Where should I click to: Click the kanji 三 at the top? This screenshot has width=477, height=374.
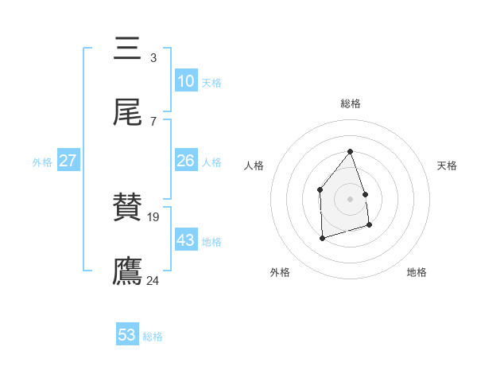tap(128, 49)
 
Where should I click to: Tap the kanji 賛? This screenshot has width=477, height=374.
tap(128, 208)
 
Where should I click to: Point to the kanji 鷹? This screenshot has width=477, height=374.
tap(128, 271)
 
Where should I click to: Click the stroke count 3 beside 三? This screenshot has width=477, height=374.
tap(153, 57)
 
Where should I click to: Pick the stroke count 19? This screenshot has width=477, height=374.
tap(155, 216)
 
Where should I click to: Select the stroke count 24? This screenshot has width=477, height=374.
tap(153, 280)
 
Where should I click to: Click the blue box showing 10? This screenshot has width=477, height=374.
tap(185, 81)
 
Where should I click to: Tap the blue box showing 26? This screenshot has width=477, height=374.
tap(185, 161)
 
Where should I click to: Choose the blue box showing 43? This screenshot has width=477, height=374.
tap(185, 240)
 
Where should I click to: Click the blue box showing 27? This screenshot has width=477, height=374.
tap(68, 161)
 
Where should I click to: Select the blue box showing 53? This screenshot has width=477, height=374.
tap(126, 335)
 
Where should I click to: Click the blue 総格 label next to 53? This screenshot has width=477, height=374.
tap(153, 337)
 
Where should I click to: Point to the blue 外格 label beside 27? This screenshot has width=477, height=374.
tap(42, 162)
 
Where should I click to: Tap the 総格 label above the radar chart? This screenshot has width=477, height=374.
tap(350, 103)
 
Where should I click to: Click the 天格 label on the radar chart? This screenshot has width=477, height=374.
tap(447, 166)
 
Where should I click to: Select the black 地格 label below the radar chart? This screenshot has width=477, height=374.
tap(417, 273)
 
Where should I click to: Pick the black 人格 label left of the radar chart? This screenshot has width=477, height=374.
tap(254, 166)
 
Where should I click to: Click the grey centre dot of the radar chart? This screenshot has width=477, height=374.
tap(350, 199)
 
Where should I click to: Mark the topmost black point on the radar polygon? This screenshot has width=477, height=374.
tap(350, 151)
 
